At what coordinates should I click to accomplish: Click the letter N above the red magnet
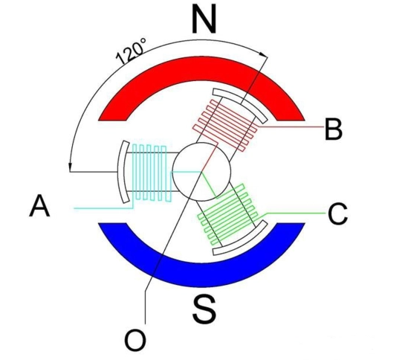[204, 20]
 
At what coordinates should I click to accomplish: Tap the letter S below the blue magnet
[204, 309]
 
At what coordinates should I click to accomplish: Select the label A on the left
[39, 205]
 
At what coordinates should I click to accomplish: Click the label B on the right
[334, 129]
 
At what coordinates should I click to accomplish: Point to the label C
[337, 214]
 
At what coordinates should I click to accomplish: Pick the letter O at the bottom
[135, 341]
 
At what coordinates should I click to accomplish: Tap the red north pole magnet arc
[201, 68]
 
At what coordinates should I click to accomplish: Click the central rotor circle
[201, 172]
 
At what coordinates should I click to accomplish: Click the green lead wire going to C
[294, 213]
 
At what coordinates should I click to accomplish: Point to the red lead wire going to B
[291, 127]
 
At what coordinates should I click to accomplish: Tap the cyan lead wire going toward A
[103, 208]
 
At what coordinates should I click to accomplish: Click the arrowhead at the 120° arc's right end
[264, 54]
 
